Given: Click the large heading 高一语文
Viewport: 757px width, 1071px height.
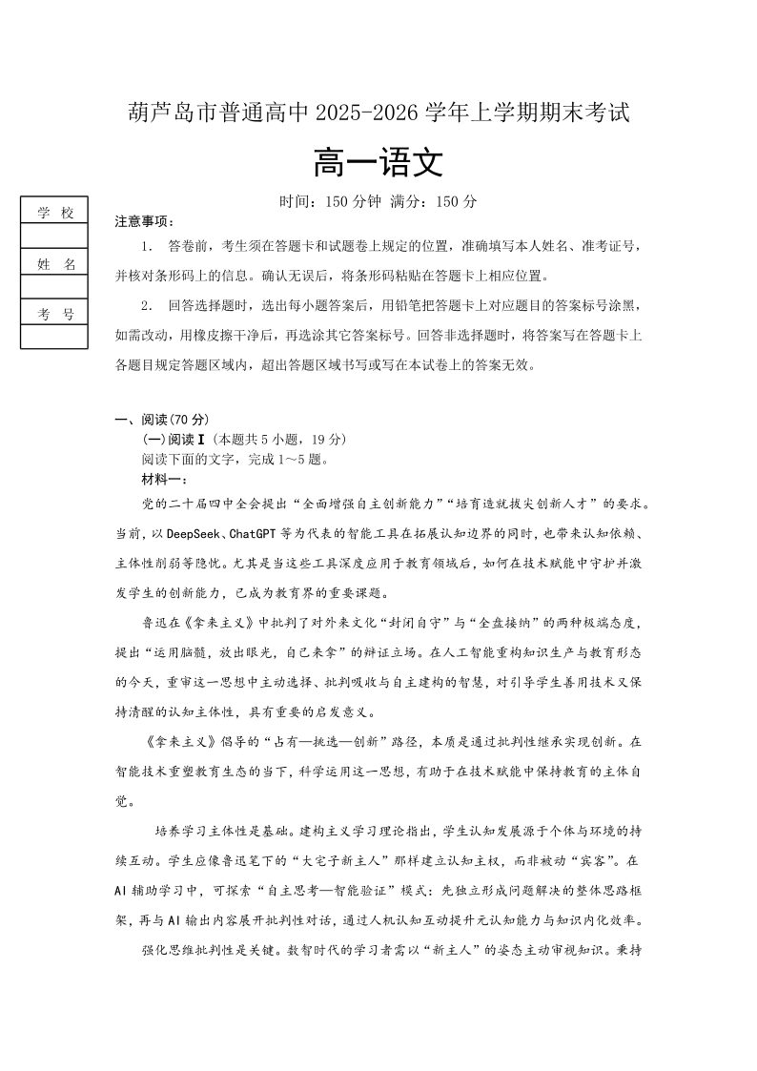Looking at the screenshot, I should (378, 163).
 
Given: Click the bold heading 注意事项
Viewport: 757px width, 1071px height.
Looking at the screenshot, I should (145, 221).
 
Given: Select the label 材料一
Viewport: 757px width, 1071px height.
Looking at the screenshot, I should (165, 478).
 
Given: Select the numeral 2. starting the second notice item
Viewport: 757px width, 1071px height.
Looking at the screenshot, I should (146, 305).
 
